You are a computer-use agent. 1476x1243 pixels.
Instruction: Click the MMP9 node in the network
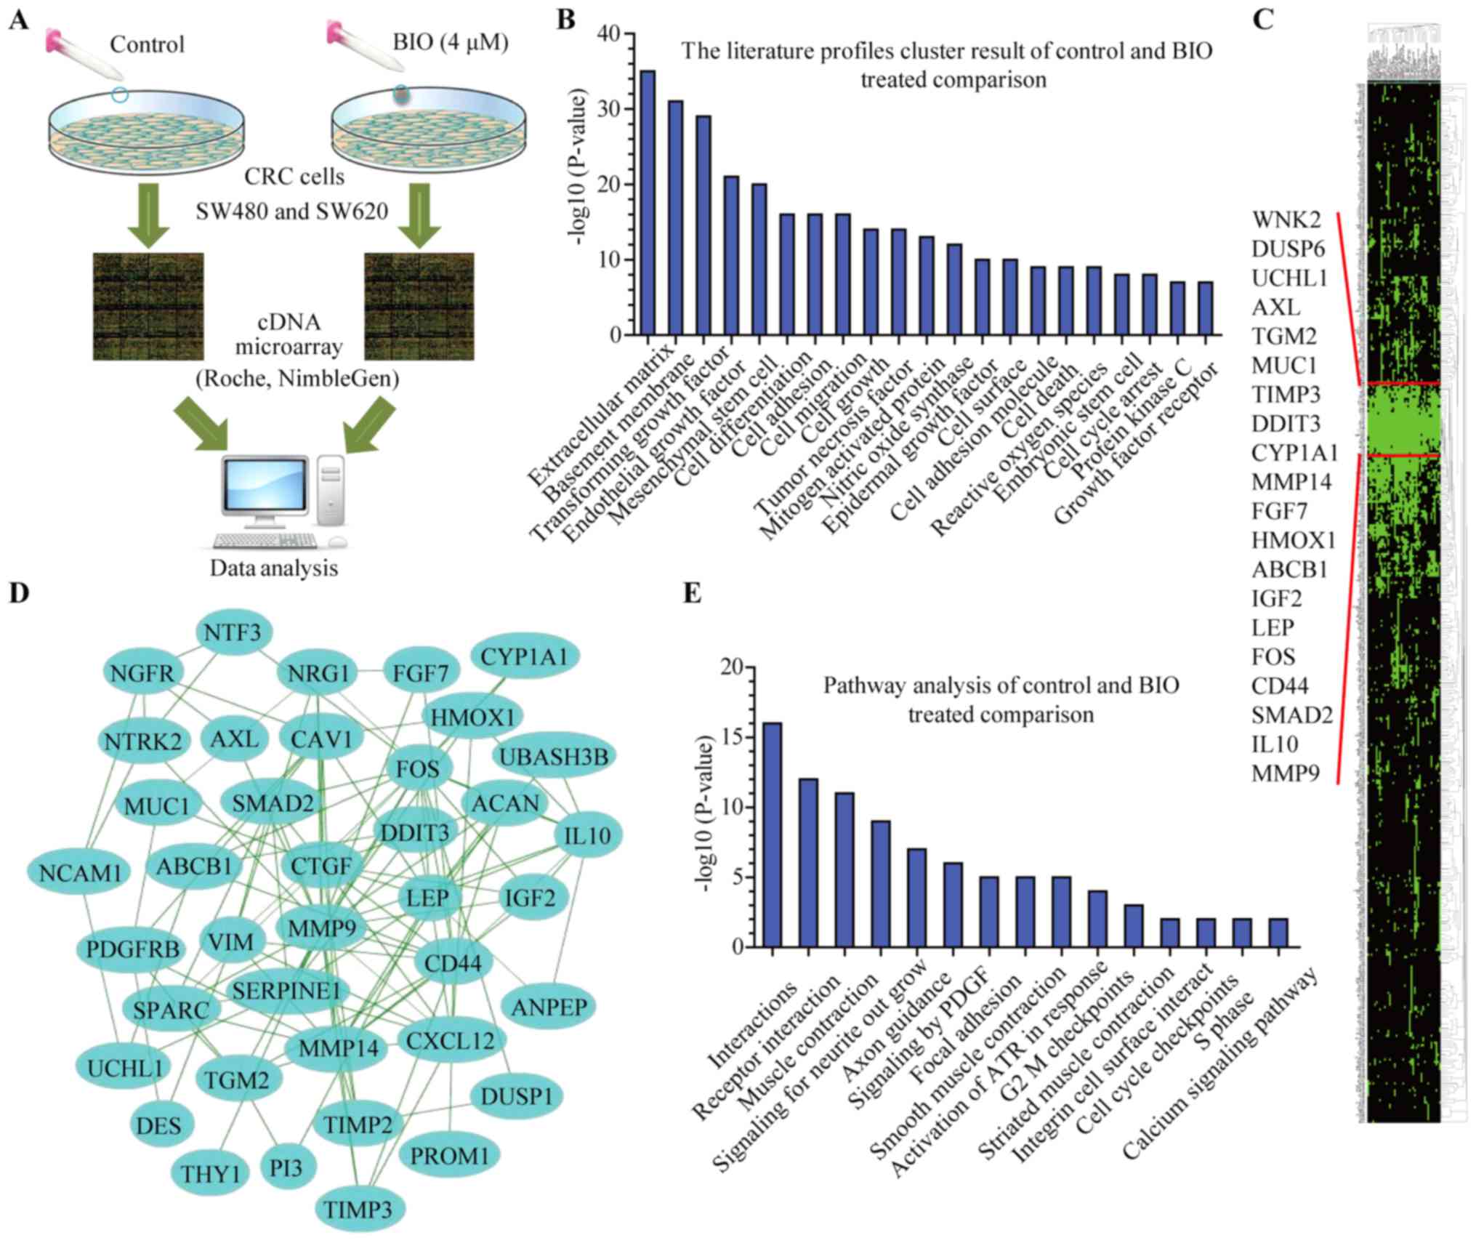click(321, 928)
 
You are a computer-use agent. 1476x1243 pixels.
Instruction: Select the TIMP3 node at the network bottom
click(358, 1210)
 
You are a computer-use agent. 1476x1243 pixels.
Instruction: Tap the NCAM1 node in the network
click(79, 872)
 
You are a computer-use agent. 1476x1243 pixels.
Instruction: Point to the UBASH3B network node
click(554, 757)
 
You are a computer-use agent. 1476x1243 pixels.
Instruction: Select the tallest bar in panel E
click(772, 834)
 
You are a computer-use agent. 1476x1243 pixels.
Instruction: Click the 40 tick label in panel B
click(609, 34)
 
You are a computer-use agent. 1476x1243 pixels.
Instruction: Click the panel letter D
click(19, 594)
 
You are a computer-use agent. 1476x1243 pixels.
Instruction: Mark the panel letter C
click(1263, 20)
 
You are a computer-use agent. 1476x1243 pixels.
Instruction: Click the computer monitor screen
click(265, 485)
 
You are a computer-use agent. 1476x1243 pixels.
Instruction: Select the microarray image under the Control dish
click(148, 306)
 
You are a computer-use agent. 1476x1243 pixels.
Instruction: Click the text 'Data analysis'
click(274, 568)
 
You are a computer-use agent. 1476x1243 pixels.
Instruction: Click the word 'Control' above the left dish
click(147, 44)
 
